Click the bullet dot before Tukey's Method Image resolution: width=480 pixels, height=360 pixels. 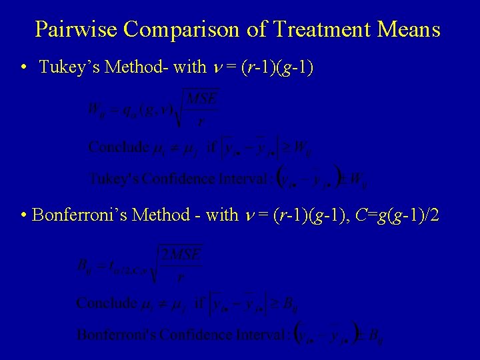click(23, 67)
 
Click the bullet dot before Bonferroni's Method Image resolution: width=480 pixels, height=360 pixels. click(24, 215)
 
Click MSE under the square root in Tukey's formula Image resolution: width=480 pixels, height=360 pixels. click(203, 99)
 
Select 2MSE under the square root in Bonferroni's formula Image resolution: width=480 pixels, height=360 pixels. click(179, 254)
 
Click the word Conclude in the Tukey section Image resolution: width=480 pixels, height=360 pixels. click(118, 147)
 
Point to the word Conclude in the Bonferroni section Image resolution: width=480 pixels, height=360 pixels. click(106, 303)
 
